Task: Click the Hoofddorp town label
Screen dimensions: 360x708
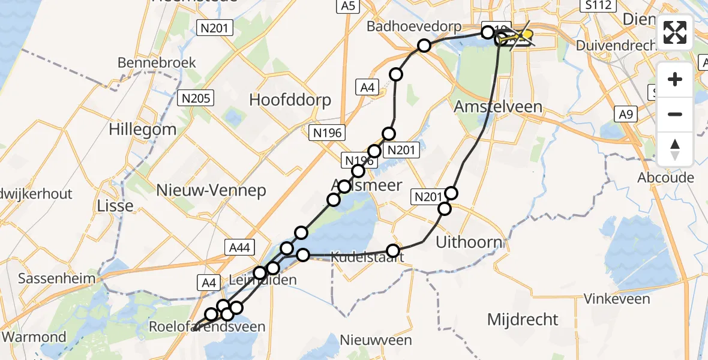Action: [291, 100]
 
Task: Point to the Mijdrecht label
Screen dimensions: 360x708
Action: [522, 319]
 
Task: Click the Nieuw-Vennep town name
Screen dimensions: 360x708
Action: [211, 191]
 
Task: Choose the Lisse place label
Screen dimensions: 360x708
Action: [115, 206]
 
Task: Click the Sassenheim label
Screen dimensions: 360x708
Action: [57, 278]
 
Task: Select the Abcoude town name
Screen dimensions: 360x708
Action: [666, 178]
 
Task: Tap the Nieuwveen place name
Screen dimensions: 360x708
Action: [376, 341]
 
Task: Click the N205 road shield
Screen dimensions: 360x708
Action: [196, 98]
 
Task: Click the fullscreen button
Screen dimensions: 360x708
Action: [675, 32]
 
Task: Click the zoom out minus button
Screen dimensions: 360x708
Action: [675, 114]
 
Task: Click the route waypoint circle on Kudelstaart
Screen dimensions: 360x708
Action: [393, 251]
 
